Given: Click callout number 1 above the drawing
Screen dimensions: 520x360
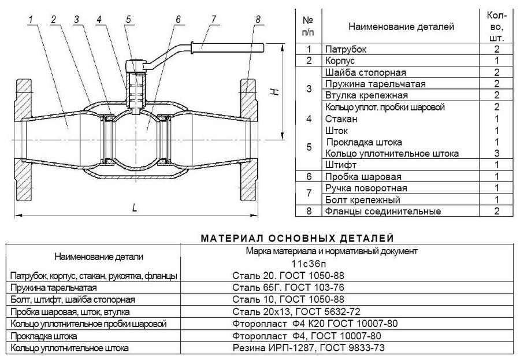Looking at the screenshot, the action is coord(31,19).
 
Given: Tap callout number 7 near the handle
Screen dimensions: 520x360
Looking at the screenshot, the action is coord(214,19).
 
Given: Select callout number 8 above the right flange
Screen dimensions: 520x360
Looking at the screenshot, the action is coord(258,19).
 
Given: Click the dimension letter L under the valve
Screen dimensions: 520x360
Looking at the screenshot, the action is coord(134,208).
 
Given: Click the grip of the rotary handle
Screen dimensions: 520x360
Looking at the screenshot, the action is coord(228,47).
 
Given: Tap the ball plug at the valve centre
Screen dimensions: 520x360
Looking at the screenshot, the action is coord(136,139).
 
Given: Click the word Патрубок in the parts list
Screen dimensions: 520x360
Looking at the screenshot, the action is coord(346,50).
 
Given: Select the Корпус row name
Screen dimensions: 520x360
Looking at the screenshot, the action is coord(340,61).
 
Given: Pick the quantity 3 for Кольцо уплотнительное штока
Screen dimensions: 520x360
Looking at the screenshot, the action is coord(496,153).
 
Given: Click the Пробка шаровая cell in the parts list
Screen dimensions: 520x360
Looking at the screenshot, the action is coord(363,176).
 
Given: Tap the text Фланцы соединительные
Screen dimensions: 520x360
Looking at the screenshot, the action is coord(382,211).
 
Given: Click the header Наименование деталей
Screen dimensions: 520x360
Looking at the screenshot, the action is coord(401,27).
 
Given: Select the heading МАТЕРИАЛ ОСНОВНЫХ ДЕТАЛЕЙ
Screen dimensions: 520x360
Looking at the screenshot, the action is coord(298,238).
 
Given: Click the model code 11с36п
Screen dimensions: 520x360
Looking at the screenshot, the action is coord(309,264).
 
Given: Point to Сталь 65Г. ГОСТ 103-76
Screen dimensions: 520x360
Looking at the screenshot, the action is coord(288,287).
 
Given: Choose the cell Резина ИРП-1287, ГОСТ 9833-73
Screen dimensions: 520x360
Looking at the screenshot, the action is coord(309,348).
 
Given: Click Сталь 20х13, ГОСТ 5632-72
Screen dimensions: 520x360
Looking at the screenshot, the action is coord(296,311).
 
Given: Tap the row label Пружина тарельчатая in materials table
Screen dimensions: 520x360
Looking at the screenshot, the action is coord(53,287).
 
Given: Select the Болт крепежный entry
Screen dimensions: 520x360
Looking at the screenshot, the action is coord(362,200).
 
